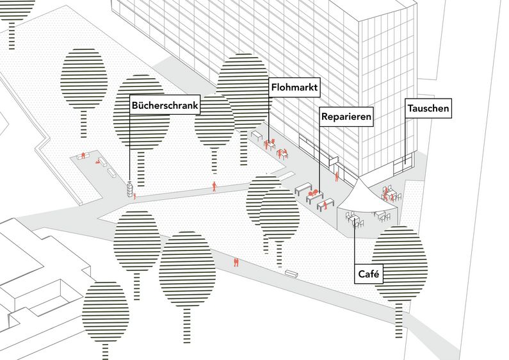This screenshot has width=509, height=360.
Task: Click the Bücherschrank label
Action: click(x=165, y=105)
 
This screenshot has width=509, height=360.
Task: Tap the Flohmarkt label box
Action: click(x=295, y=86)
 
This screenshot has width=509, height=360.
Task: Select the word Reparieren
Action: click(x=345, y=117)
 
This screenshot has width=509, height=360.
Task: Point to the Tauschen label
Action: click(x=428, y=109)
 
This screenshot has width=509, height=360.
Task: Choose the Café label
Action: click(x=369, y=274)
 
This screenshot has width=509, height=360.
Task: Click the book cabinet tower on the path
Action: click(x=130, y=189)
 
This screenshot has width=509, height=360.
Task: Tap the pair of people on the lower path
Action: click(x=236, y=261)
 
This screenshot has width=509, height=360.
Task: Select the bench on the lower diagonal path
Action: click(x=292, y=274)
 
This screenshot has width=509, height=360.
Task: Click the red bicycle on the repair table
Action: click(x=312, y=192)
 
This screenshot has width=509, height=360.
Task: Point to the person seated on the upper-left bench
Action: click(x=83, y=155)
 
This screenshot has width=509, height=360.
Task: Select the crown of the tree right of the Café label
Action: click(x=399, y=263)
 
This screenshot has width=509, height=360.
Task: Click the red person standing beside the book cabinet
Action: click(x=135, y=194)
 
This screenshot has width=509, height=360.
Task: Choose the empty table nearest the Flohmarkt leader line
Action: click(x=257, y=137)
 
